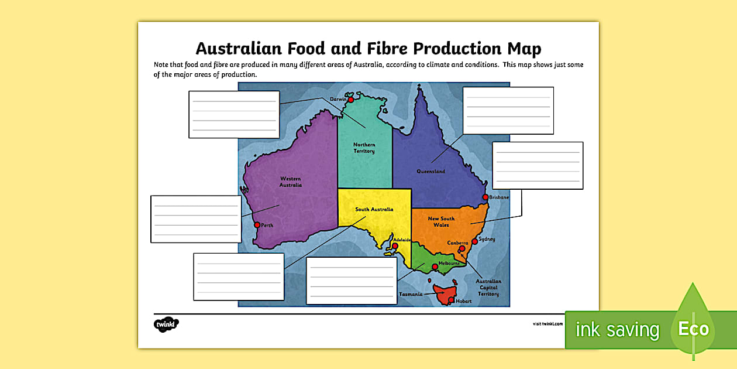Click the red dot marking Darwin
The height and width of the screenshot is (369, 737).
[350, 100]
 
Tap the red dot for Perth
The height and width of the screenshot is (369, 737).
[256, 225]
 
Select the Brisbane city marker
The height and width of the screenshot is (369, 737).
[485, 197]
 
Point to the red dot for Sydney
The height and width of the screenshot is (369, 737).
[474, 241]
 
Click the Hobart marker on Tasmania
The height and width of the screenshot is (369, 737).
[450, 300]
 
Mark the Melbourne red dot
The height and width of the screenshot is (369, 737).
[434, 267]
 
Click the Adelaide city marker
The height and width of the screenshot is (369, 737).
[395, 247]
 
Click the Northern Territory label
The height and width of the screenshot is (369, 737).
[364, 148]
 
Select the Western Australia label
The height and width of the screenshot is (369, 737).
[291, 182]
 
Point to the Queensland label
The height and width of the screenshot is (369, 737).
[431, 172]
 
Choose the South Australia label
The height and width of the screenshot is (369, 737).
[374, 209]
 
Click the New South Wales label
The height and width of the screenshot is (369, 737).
[441, 221]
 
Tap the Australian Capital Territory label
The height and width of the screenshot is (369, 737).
[488, 288]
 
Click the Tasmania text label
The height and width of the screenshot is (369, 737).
[411, 294]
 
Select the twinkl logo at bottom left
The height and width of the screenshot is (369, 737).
[166, 323]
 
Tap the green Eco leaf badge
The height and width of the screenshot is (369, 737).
[693, 328]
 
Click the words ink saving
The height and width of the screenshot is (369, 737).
[617, 330]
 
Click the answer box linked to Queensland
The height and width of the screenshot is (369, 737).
[508, 111]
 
